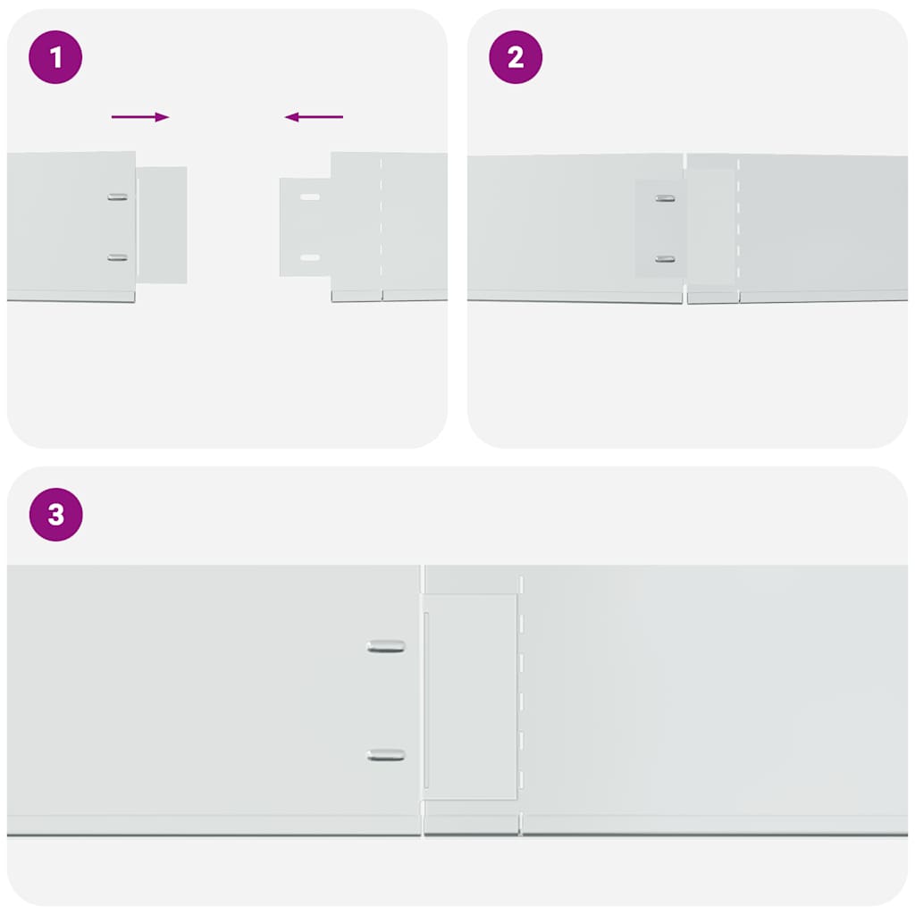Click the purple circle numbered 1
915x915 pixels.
click(x=55, y=57)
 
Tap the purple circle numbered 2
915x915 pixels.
click(x=516, y=57)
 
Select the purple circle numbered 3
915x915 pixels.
click(x=56, y=515)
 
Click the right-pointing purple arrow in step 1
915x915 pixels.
click(x=140, y=117)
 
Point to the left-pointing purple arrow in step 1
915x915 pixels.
click(x=314, y=117)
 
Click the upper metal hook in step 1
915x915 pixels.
click(x=117, y=197)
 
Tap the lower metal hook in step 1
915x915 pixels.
click(x=117, y=258)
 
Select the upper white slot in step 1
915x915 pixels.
click(x=310, y=197)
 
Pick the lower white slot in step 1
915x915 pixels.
click(x=310, y=257)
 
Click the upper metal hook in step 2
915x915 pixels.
click(x=665, y=198)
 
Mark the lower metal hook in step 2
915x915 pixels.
click(x=665, y=259)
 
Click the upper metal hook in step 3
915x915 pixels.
click(x=386, y=647)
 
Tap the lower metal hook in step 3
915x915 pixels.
click(x=386, y=755)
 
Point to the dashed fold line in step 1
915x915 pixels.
click(x=381, y=228)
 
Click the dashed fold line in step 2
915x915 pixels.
click(x=738, y=229)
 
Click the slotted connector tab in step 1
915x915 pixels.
click(x=306, y=227)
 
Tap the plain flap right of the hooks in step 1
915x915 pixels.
click(x=163, y=225)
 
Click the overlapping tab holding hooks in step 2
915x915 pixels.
click(x=660, y=228)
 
